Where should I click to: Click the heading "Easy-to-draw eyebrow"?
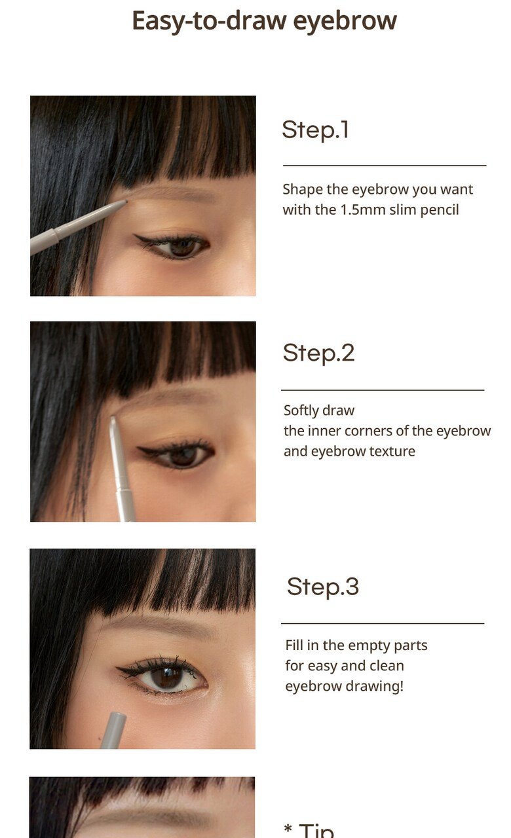[264, 22]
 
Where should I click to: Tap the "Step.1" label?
[315, 130]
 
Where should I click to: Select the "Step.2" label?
[318, 353]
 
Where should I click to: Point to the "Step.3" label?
[323, 587]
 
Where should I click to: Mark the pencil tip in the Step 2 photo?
[112, 418]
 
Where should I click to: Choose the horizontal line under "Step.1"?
[385, 166]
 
